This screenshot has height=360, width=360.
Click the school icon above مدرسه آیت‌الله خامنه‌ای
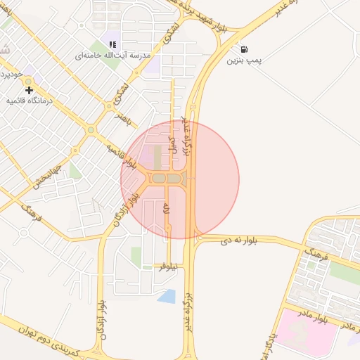[x=112, y=44]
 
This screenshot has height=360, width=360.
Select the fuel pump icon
[x=244, y=50]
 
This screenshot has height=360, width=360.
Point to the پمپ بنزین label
[x=244, y=61]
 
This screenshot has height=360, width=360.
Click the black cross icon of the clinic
[x=29, y=90]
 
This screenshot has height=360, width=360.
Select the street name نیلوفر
[x=167, y=266]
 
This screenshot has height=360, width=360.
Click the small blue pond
[x=167, y=296]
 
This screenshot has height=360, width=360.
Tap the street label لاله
[x=167, y=209]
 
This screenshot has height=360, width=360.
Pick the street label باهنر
[x=124, y=117]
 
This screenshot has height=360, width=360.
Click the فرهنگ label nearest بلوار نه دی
[x=318, y=252]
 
